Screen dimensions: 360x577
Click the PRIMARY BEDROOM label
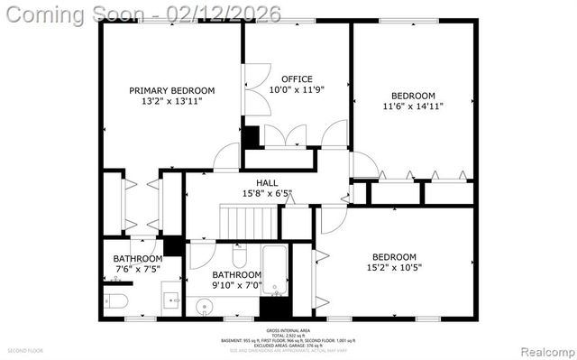pyautogui.click(x=171, y=90)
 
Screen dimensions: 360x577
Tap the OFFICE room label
pyautogui.click(x=297, y=78)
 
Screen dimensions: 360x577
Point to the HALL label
pyautogui.click(x=267, y=182)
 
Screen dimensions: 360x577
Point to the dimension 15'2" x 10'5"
pyautogui.click(x=394, y=267)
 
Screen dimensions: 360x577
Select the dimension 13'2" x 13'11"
pyautogui.click(x=171, y=102)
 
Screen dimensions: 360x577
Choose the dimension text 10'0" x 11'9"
pyautogui.click(x=297, y=90)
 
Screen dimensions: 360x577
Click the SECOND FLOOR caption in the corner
pyautogui.click(x=25, y=350)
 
